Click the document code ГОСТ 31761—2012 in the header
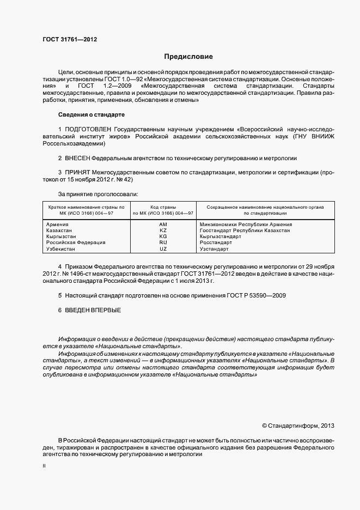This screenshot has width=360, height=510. [70, 39]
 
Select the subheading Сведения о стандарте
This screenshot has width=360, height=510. [91, 115]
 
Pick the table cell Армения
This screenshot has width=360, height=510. [57, 224]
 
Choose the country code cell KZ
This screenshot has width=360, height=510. [163, 230]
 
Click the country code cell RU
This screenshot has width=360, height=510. [163, 242]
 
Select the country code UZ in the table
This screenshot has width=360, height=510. [163, 248]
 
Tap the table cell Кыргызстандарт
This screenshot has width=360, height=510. [220, 236]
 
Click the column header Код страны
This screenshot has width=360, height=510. [163, 207]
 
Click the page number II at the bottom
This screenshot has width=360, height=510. [44, 466]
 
